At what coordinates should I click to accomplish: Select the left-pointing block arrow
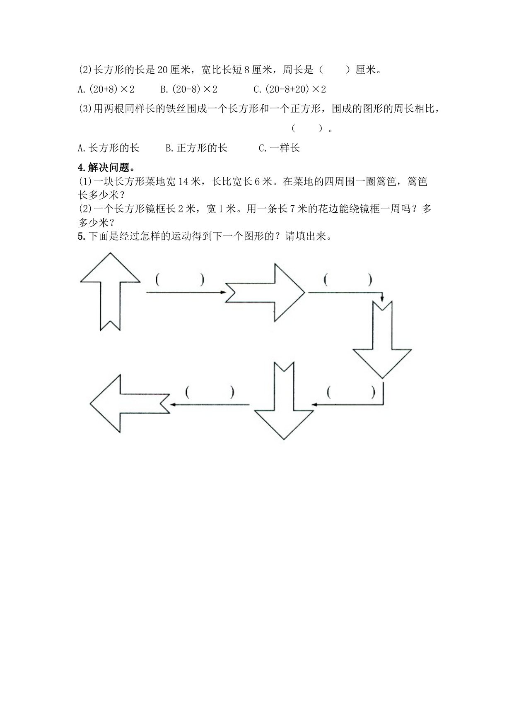tap(124, 404)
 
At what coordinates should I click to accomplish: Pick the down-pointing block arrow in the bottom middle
tap(284, 404)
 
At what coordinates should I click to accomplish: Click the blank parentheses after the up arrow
tap(180, 280)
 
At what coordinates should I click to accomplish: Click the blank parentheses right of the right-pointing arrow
tap(348, 280)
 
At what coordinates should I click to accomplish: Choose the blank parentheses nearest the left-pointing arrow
tap(210, 392)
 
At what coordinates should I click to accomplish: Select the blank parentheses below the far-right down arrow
tap(350, 392)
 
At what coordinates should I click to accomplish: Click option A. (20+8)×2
tap(106, 89)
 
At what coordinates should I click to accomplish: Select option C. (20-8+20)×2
tap(290, 89)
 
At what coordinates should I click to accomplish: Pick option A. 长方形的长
tap(109, 148)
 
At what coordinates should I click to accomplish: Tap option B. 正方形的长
tap(196, 148)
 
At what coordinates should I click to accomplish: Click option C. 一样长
tap(279, 148)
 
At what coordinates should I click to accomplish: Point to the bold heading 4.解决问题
tap(106, 168)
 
